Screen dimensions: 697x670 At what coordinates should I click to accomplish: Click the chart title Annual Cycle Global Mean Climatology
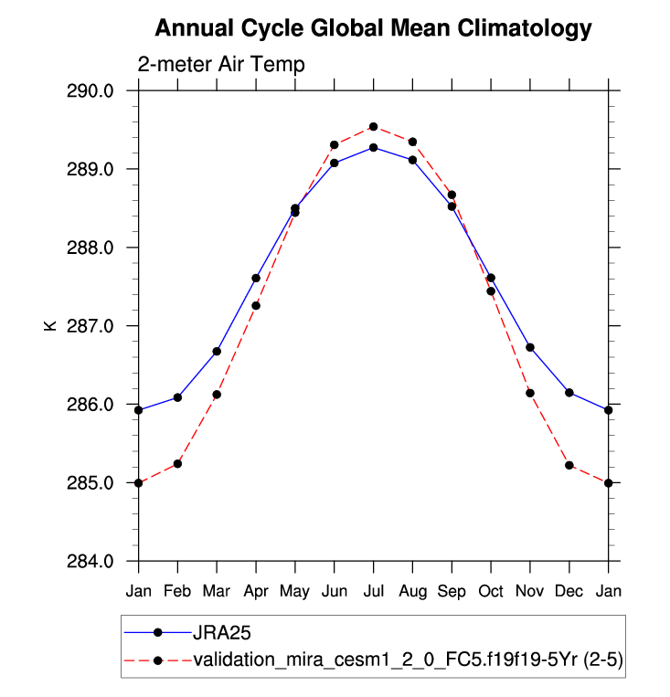[x=373, y=29]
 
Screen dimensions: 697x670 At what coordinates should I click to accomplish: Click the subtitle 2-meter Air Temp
[x=221, y=65]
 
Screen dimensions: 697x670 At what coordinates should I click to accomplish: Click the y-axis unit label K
[x=50, y=326]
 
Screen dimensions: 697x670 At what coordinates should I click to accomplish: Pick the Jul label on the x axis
[x=373, y=592]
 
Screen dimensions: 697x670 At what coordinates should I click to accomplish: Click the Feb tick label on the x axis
[x=177, y=592]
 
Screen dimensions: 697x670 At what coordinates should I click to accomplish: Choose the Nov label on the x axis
[x=530, y=592]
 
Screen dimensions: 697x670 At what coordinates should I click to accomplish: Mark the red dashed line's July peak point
[x=373, y=126]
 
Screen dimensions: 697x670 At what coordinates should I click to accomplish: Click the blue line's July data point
[x=373, y=147]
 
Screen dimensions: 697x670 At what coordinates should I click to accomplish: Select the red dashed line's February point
[x=177, y=464]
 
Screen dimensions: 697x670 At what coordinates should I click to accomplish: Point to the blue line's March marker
[x=217, y=351]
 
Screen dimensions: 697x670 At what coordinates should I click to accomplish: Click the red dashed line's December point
[x=569, y=465]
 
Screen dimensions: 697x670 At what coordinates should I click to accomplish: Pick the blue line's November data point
[x=530, y=347]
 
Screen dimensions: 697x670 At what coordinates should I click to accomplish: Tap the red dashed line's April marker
[x=256, y=305]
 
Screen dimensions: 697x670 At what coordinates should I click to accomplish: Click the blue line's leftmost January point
[x=138, y=410]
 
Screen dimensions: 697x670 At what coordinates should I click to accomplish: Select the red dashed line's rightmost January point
[x=609, y=482]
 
